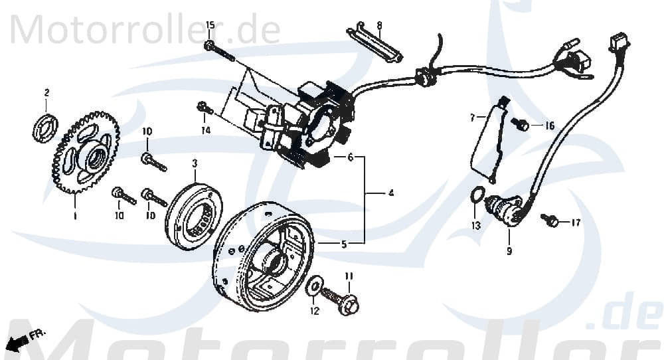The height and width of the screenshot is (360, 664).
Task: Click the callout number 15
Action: [x=210, y=25]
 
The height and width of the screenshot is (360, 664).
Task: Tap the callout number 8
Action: [x=379, y=26]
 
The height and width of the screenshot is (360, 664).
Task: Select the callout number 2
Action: [x=46, y=92]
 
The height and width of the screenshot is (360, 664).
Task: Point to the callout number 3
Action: [x=195, y=163]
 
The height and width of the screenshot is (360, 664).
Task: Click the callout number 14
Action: [x=206, y=131]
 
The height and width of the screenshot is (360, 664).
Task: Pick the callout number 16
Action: [x=550, y=126]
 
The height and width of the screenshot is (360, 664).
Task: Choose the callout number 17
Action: [x=575, y=223]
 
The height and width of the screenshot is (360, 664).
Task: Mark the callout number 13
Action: [x=475, y=225]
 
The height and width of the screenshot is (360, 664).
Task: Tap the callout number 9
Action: [x=509, y=252]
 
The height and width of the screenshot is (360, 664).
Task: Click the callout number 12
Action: [x=314, y=310]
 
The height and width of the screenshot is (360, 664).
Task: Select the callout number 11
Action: [x=349, y=276]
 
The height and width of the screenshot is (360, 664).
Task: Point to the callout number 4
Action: [x=390, y=193]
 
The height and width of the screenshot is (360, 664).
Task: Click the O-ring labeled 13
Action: [x=476, y=195]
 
